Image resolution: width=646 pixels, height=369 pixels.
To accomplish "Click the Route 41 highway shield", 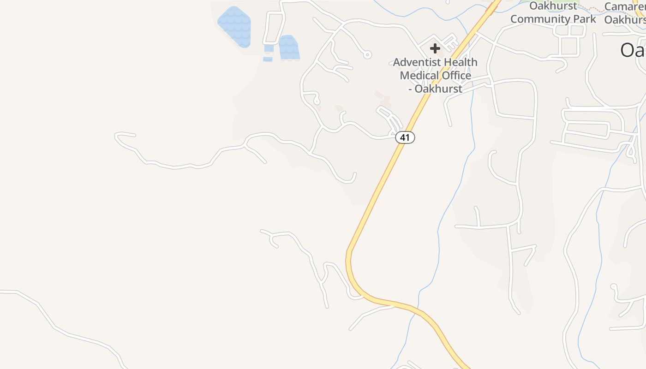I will [x=405, y=137].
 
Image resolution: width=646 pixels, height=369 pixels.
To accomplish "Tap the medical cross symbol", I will [x=435, y=48].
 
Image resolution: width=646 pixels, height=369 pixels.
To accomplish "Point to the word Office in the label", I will [x=456, y=75].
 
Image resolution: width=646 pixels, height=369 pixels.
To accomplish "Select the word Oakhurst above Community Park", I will [x=553, y=6].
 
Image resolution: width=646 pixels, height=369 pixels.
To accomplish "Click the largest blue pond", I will [x=234, y=26].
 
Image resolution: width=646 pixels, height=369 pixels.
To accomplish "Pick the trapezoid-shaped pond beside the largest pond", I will [x=289, y=48].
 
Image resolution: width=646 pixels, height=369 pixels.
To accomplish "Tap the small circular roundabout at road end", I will [x=367, y=55].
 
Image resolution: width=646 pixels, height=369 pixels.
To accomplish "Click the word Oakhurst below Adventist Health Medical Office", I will [x=438, y=89].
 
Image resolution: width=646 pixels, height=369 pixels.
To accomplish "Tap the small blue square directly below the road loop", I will [x=269, y=48].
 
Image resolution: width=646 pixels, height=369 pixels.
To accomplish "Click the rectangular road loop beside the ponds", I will [x=274, y=28].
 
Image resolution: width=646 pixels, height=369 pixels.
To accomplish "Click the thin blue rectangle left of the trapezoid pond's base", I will [x=268, y=59].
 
